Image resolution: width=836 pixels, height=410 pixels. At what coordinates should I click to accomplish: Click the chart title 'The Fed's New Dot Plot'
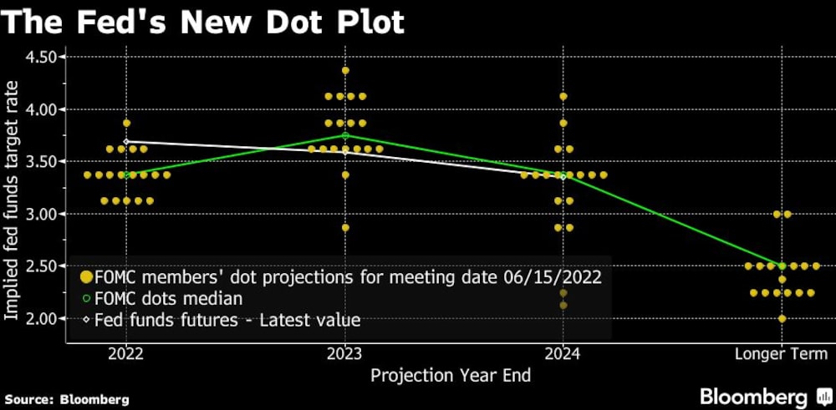202,22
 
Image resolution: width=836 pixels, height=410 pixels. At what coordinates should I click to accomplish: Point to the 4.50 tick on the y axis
43,57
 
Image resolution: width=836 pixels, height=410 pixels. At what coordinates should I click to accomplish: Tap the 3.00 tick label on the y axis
43,214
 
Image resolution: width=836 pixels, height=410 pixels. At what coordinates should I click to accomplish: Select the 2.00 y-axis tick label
43,318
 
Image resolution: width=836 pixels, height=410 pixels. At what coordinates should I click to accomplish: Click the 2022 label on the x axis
126,353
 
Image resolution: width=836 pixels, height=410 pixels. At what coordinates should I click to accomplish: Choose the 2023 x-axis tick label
345,353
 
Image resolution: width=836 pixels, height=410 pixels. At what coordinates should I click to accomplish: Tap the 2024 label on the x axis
563,353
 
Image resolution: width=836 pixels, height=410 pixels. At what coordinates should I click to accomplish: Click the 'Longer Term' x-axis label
781,353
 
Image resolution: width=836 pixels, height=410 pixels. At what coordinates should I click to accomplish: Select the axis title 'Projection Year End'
451,375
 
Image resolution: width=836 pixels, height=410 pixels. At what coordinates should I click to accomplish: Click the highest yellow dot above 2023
345,70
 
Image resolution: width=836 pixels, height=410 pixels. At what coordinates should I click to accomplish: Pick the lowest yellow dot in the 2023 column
345,227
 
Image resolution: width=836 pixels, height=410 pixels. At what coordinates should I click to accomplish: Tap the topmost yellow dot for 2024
563,96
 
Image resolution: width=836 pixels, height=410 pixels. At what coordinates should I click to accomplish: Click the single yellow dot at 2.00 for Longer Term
782,318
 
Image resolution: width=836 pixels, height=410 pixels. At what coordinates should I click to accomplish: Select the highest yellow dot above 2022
126,123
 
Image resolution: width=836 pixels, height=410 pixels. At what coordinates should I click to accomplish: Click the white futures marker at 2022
126,142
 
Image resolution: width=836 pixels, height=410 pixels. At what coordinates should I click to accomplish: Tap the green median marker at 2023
345,135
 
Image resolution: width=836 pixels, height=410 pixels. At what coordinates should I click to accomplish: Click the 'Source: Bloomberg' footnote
66,399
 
